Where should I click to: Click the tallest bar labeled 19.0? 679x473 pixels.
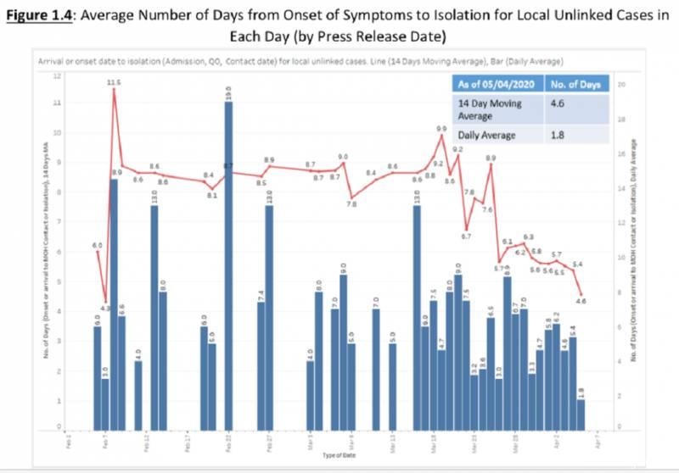[x=228, y=263]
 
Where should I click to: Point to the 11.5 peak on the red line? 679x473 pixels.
[x=114, y=89]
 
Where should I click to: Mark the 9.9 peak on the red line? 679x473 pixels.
[x=441, y=136]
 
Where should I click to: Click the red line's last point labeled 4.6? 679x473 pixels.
[x=581, y=293]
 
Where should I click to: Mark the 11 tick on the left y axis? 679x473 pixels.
[x=57, y=103]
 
